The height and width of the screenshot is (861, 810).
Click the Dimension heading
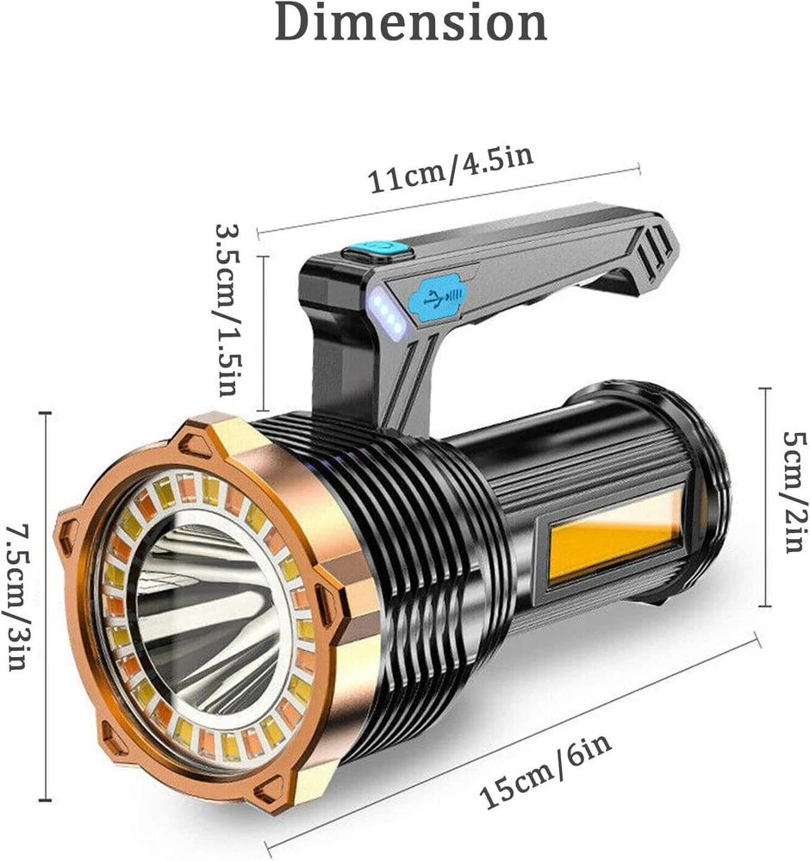click(x=410, y=22)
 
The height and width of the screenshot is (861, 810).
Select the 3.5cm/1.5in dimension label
click(x=227, y=309)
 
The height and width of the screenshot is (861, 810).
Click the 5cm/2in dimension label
click(x=795, y=492)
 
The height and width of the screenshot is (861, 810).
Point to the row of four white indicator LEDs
click(x=388, y=313)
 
